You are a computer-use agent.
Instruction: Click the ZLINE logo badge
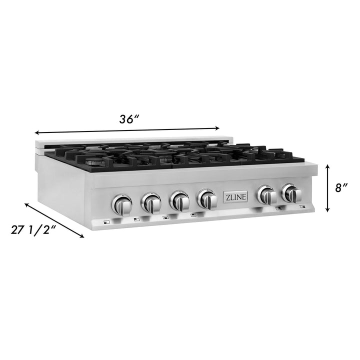[x=234, y=196]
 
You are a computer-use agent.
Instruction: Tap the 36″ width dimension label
[x=128, y=119]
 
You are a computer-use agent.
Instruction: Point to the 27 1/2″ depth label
[x=34, y=230]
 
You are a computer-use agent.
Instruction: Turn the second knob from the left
[x=150, y=201]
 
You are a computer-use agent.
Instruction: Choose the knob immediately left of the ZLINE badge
[x=206, y=199]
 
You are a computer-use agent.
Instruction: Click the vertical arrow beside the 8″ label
[x=327, y=188]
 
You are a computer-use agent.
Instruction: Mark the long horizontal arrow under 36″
[x=127, y=130]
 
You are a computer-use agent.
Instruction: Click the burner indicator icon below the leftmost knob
[x=105, y=222]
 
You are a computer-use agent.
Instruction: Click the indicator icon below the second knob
[x=135, y=219]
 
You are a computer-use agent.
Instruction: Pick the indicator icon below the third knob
[x=165, y=217]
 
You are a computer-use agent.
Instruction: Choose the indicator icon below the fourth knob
[x=193, y=215]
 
